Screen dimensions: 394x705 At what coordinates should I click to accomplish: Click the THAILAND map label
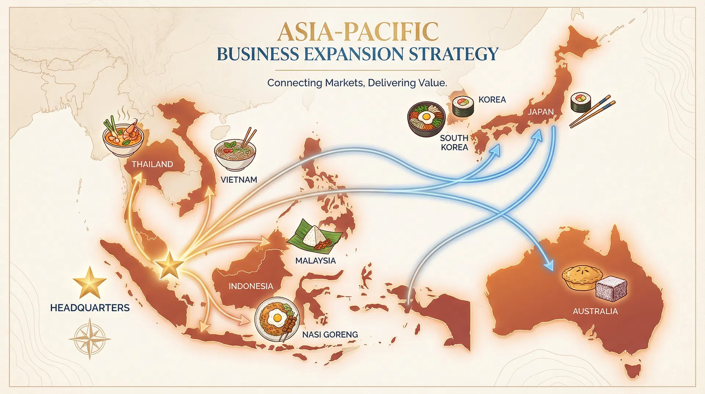[x=152, y=164]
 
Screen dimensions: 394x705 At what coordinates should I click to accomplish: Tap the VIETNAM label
[x=239, y=180]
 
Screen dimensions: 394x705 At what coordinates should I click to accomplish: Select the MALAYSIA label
[x=315, y=261]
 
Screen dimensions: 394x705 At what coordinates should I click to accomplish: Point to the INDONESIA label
[x=251, y=286]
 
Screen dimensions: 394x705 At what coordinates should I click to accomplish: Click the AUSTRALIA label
[x=595, y=311]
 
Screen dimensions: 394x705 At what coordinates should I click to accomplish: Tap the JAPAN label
[x=540, y=112]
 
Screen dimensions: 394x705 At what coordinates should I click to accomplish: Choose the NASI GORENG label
[x=330, y=334]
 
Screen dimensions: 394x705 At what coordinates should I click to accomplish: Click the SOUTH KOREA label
[x=454, y=143]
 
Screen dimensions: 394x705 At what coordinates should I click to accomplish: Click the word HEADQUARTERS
[x=90, y=308]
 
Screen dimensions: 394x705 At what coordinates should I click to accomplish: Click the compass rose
[x=90, y=339]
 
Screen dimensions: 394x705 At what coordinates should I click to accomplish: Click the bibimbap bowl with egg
[x=426, y=119]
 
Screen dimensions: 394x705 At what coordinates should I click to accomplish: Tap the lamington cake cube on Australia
[x=611, y=289]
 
